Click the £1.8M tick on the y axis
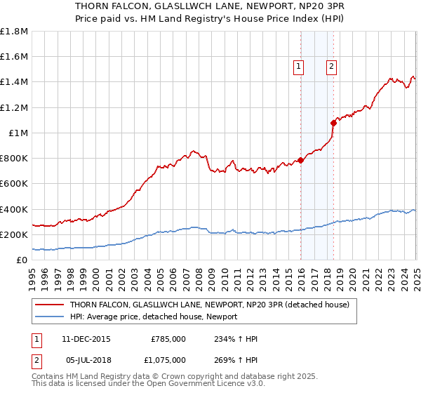14,32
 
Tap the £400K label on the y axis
14,209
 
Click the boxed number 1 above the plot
298,67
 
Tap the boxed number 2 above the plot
331,67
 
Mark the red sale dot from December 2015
300,160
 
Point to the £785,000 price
168,339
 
